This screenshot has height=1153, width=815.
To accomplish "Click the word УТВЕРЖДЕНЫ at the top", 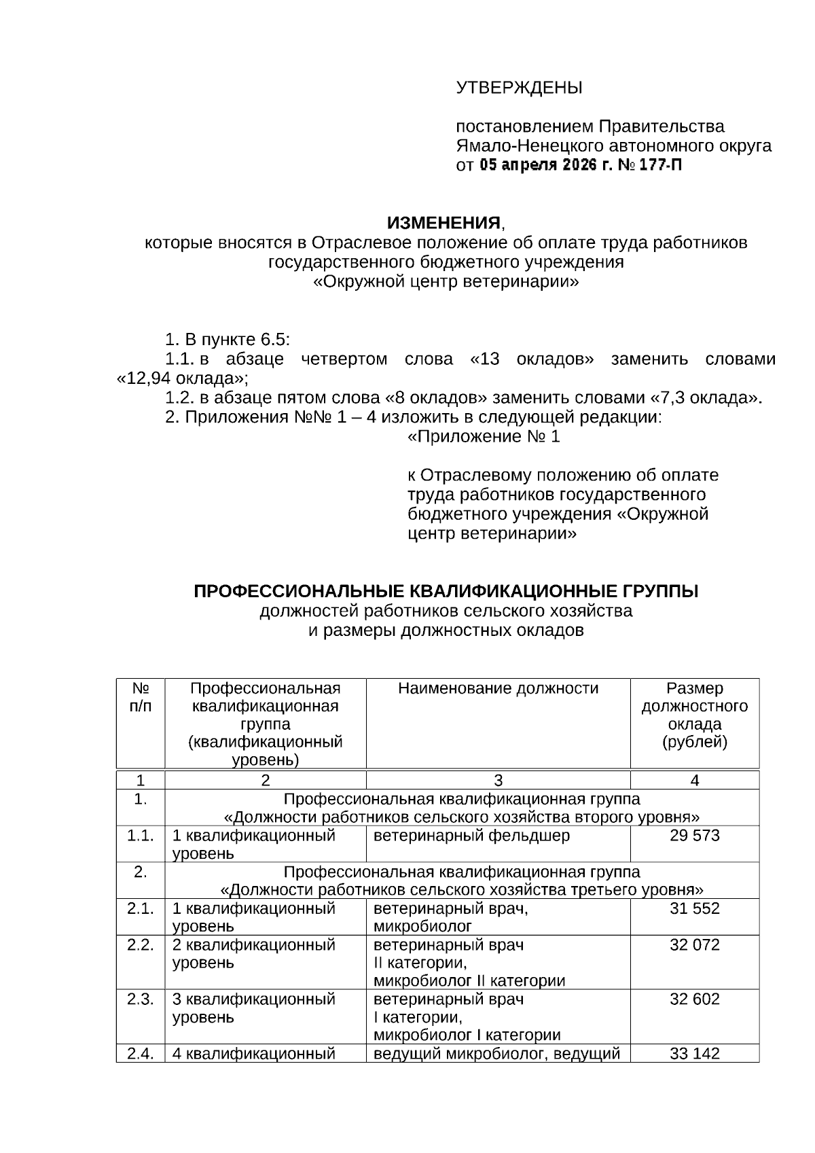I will (x=519, y=88).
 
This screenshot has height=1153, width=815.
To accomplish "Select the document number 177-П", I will (x=660, y=165).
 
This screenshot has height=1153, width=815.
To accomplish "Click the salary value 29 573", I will (x=694, y=836).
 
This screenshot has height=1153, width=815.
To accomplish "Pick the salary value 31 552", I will (x=694, y=908).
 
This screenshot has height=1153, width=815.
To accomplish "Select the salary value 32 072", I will (x=694, y=945).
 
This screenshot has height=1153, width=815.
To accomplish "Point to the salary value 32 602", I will (x=694, y=999).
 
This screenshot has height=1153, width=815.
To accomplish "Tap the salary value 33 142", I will (x=694, y=1054).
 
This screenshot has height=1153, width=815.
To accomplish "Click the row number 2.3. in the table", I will (x=141, y=999).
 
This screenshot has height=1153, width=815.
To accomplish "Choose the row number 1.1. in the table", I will (x=141, y=836).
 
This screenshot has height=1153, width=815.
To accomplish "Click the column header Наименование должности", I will (x=498, y=689).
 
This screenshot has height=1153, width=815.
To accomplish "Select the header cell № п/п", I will (x=141, y=697).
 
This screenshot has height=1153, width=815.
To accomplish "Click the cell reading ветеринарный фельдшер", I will (x=471, y=836).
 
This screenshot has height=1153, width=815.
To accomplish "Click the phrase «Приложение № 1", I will (x=483, y=437).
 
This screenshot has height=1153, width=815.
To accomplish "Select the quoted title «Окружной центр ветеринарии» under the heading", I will (x=446, y=282).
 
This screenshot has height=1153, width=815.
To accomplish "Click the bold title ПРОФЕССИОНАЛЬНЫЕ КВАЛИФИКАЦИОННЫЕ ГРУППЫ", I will (x=446, y=592).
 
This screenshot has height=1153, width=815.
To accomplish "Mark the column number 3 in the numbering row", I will (x=498, y=781).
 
